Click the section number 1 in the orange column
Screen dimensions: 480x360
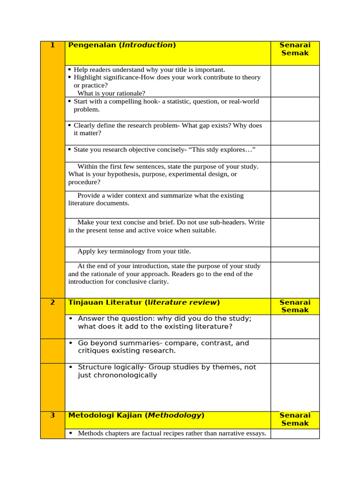click(x=52, y=45)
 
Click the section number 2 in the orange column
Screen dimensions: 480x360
click(x=52, y=302)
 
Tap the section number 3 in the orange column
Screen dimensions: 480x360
click(x=52, y=415)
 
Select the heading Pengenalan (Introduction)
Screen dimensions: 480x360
click(x=122, y=45)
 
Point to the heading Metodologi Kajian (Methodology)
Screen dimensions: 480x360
click(x=136, y=415)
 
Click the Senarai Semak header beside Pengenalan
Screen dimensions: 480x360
click(x=294, y=49)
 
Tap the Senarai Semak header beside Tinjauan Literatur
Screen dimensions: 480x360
click(x=294, y=306)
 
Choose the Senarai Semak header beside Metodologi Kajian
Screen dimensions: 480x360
click(x=294, y=419)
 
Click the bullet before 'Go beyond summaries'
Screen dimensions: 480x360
click(x=71, y=343)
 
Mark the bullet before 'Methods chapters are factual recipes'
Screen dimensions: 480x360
click(x=71, y=434)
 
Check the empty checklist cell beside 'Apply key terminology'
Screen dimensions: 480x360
click(x=294, y=254)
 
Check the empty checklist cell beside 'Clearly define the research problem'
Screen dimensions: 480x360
click(x=294, y=133)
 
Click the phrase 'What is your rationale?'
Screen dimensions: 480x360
click(x=111, y=93)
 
